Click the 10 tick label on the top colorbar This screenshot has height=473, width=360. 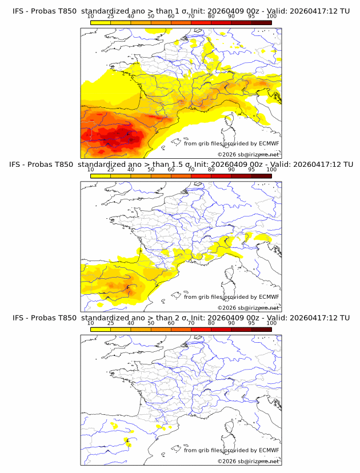(x=91, y=16)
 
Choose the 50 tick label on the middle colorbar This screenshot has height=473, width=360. (x=151, y=170)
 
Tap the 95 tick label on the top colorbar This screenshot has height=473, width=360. (x=251, y=16)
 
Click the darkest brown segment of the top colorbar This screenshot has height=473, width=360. (x=261, y=22)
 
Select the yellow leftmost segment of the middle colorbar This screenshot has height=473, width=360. (x=101, y=176)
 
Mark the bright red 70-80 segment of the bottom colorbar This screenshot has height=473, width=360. (x=201, y=330)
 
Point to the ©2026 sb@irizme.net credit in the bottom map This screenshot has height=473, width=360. (x=248, y=461)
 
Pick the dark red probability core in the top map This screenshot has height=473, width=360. (x=123, y=136)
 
